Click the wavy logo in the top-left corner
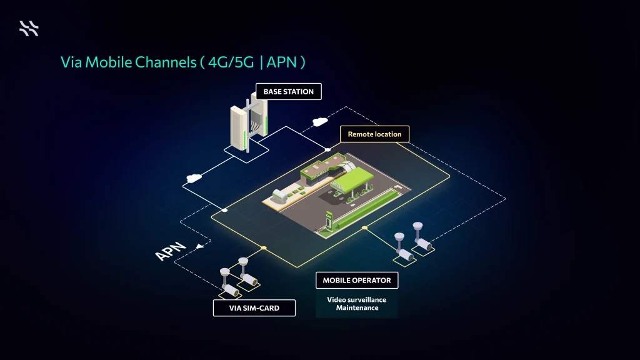(29, 28)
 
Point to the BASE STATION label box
(288, 92)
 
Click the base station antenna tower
(249, 122)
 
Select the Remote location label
(374, 134)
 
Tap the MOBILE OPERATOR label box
(357, 281)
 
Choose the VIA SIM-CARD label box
(254, 308)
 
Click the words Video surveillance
(357, 299)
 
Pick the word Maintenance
(357, 307)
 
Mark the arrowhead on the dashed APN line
(199, 246)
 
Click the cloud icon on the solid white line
(192, 179)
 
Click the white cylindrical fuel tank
(280, 196)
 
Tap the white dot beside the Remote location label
(327, 150)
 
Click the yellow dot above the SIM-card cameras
(264, 248)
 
